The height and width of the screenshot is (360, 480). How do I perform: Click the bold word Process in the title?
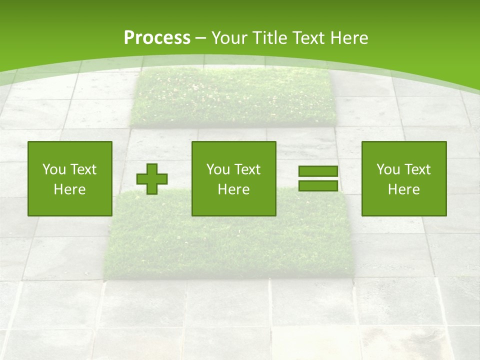pos(157,37)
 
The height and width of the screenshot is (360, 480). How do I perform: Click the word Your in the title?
pos(228,37)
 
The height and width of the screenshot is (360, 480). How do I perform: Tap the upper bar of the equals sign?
pos(318,171)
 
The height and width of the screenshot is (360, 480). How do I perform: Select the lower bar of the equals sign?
pos(318,186)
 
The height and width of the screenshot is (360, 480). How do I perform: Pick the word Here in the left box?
pos(69,189)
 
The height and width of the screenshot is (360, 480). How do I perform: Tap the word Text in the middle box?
pos(247,169)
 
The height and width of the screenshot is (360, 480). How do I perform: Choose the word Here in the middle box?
pos(233,189)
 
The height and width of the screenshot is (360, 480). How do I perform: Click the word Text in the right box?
pos(417,169)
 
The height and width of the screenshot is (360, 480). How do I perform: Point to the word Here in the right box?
pos(403,189)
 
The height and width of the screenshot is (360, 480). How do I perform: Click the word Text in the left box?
pos(83,169)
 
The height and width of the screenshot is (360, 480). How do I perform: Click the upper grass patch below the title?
pos(233,97)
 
